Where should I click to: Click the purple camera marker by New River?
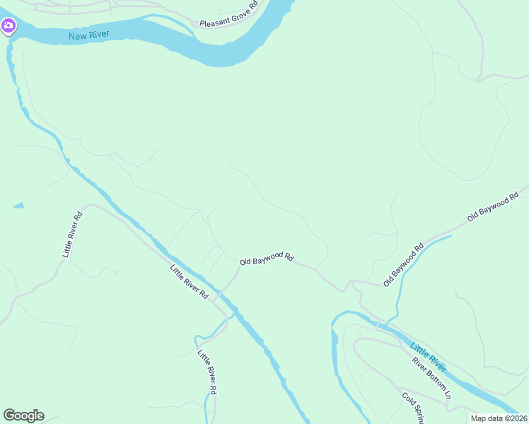[8, 27]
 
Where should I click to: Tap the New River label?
[86, 36]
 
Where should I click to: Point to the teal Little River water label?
[429, 356]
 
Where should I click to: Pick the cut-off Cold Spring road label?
[412, 408]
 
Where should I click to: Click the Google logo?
[23, 416]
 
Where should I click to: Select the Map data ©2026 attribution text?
[499, 418]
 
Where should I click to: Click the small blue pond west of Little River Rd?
[18, 206]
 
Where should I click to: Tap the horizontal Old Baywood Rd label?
[266, 258]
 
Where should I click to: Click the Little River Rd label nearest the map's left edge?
[73, 234]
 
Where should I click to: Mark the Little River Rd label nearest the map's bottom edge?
[207, 372]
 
